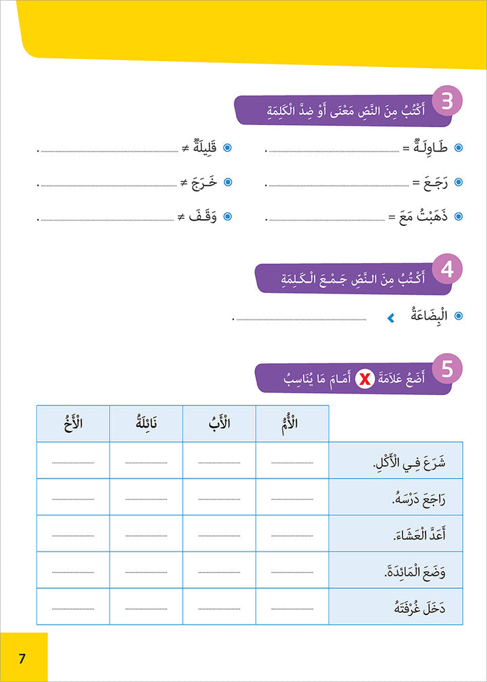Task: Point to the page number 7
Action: pyautogui.click(x=22, y=658)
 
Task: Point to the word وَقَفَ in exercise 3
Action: pyautogui.click(x=206, y=217)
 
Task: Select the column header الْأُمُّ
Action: pyautogui.click(x=292, y=424)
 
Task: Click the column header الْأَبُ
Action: pyautogui.click(x=219, y=424)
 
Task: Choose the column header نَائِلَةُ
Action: pyautogui.click(x=145, y=424)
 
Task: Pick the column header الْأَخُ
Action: pyautogui.click(x=72, y=424)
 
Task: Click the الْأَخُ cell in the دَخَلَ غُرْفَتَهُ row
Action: pyautogui.click(x=72, y=607)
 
